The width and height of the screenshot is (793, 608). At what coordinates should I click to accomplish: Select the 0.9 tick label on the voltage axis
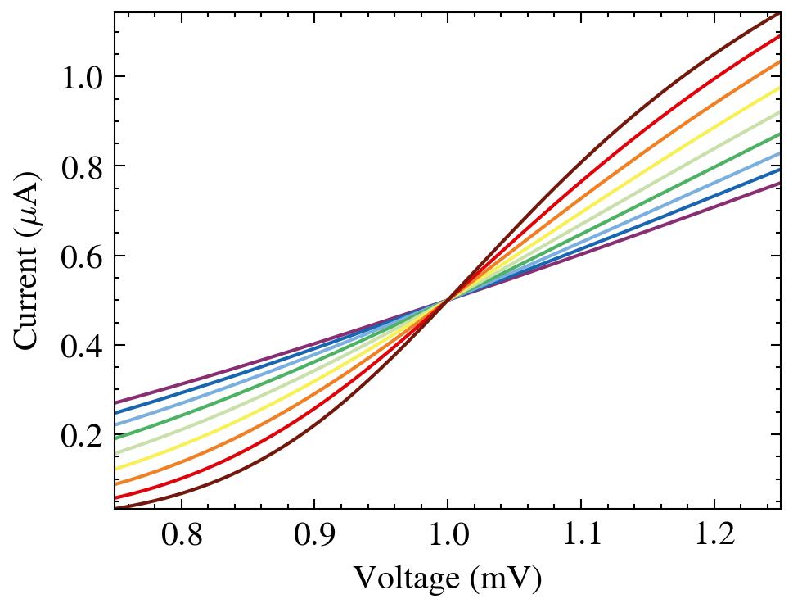coord(313,537)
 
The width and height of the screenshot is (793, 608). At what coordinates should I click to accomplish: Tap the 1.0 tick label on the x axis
coord(447,537)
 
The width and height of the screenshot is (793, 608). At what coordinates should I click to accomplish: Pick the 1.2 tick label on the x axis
coord(714,537)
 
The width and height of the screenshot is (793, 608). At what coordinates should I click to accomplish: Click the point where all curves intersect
coord(447,300)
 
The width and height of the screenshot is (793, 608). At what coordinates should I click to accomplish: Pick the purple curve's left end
coord(116,403)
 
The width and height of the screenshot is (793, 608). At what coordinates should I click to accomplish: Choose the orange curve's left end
coord(116,483)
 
